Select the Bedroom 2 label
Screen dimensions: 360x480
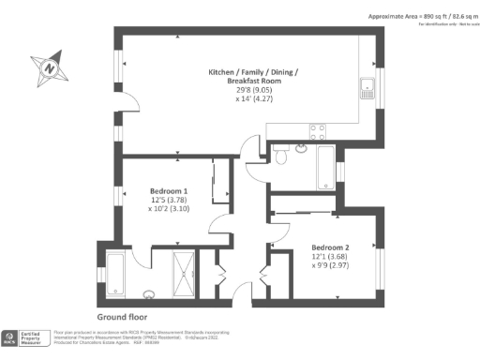pos(330,247)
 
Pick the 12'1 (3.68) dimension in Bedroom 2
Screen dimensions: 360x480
pos(330,257)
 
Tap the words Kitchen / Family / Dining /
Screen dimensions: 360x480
pos(254,71)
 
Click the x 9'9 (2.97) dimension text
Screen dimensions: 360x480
pos(330,266)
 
